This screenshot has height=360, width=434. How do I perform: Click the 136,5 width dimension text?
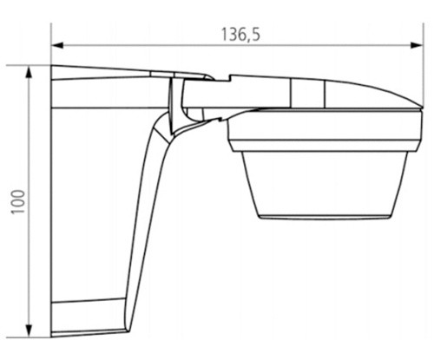240,35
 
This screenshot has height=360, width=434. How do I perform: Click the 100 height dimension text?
18,202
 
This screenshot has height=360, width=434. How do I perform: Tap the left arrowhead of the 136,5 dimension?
57,45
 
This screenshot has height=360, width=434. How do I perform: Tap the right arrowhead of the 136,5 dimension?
417,45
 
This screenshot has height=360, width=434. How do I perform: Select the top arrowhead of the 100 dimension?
29,72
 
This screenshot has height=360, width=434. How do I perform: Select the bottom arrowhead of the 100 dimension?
29,331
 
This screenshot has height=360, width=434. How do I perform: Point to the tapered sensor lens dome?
325,183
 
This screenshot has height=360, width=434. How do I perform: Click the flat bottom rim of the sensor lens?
325,216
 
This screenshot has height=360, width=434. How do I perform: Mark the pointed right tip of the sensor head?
422,107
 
